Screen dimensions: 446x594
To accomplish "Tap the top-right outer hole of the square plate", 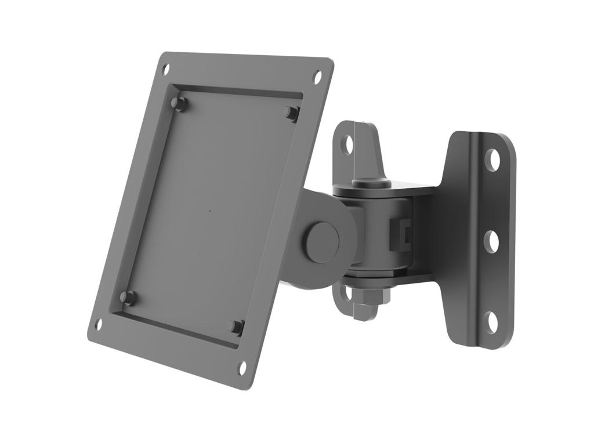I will point(317,75).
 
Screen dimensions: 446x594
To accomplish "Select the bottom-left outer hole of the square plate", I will point(99,323).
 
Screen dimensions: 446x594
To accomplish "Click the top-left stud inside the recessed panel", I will point(178,103).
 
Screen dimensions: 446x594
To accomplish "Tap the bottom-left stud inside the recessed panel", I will point(128,298).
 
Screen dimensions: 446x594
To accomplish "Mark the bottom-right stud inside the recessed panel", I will point(236,327).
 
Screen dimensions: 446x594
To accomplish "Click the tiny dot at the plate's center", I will point(209,210).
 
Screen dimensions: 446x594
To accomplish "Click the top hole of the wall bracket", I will point(492,160).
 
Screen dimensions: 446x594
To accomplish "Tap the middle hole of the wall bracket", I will point(491,241).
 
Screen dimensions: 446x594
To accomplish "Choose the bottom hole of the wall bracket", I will point(491,322).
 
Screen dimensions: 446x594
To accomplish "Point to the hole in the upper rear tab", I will point(347,143).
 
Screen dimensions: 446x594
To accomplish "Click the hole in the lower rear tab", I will point(345,294).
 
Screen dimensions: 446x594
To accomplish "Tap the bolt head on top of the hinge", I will point(371,182).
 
